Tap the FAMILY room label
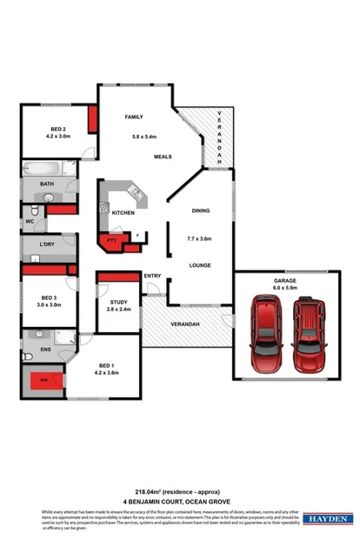point(133,117)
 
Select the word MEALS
point(163,157)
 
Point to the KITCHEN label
point(123,212)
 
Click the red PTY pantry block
point(111,241)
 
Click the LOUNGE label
point(201,265)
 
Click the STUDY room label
point(117,302)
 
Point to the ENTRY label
point(152,277)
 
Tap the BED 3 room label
point(48,297)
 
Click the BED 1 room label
point(104,365)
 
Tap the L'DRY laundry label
point(47,244)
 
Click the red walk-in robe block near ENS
point(45,379)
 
